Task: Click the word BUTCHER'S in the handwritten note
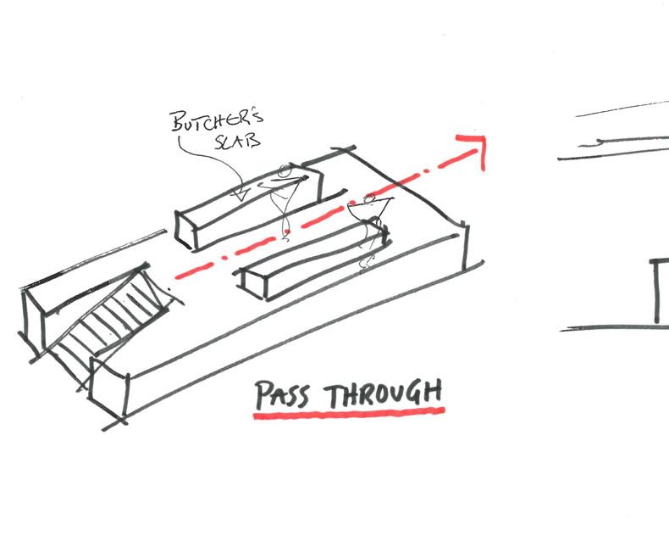coord(218,120)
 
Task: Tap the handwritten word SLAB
coord(237,141)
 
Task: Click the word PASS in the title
coord(282,395)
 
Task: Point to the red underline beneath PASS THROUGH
coord(349,413)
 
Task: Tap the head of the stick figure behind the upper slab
coord(285,172)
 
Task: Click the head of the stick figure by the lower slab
coord(370,198)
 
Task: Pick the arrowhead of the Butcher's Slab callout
coord(241,195)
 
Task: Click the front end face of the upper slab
coord(185,231)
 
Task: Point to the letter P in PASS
coord(263,395)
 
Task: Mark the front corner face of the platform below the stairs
coord(108,389)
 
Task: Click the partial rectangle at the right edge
coord(658,291)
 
